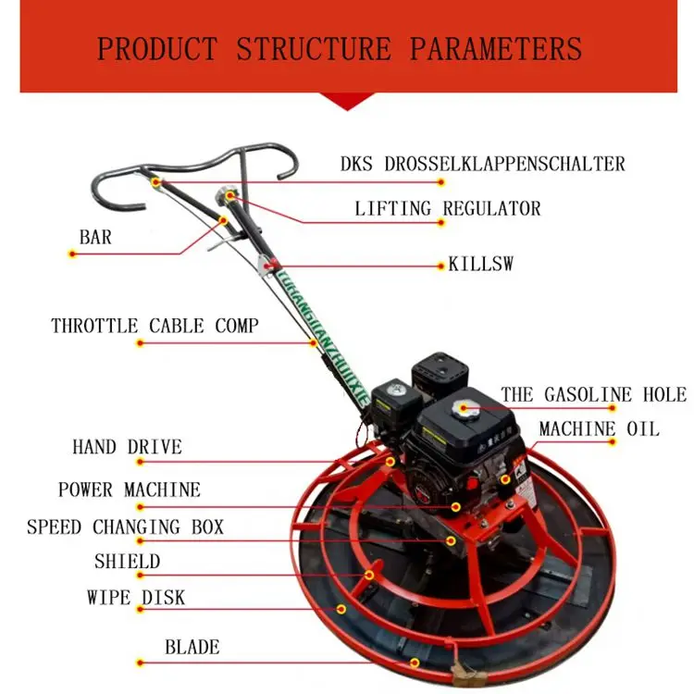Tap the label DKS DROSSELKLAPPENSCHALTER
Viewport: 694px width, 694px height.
click(x=482, y=165)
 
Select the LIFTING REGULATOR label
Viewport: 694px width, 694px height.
click(x=448, y=208)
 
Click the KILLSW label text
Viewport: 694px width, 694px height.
click(x=480, y=265)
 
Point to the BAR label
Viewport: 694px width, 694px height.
click(x=95, y=238)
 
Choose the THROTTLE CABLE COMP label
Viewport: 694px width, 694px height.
click(x=155, y=326)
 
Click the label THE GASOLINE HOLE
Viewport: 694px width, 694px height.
click(x=593, y=395)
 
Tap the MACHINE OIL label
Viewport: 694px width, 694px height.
click(x=599, y=428)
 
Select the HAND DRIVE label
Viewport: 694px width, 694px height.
click(x=127, y=448)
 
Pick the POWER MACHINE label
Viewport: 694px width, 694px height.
click(x=129, y=490)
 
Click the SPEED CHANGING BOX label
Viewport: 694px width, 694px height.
click(x=125, y=527)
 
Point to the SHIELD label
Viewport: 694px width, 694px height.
click(x=127, y=562)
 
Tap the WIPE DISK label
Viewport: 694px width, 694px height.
click(x=136, y=598)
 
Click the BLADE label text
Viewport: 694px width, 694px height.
click(x=192, y=647)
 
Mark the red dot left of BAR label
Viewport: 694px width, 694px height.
click(x=72, y=254)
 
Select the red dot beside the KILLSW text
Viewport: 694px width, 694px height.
click(x=441, y=266)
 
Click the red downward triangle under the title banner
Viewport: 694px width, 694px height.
click(x=347, y=101)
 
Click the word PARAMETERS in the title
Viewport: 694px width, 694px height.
click(x=496, y=48)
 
